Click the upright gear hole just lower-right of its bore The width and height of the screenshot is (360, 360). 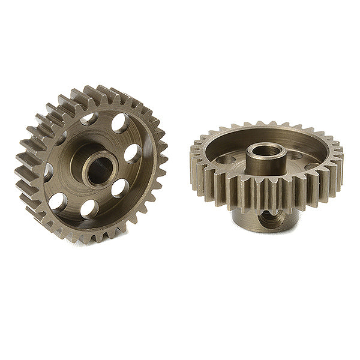pos(119,187)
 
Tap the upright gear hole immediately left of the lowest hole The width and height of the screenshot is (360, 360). pos(58,202)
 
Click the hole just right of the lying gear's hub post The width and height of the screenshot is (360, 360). pos(296,157)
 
